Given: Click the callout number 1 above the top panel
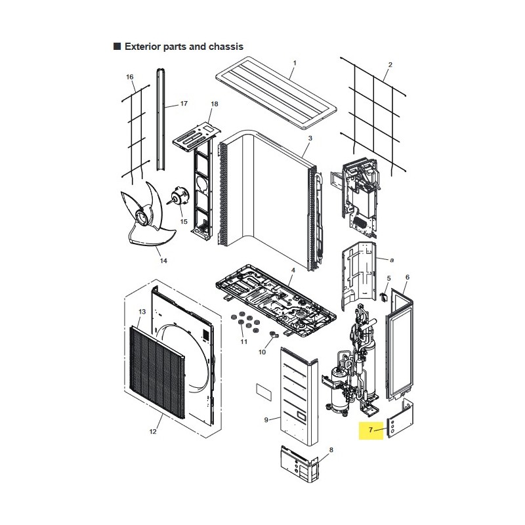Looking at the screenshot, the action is tap(295, 63).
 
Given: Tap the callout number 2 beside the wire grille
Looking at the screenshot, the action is tap(390, 64).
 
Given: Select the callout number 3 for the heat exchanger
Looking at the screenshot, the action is tap(310, 138).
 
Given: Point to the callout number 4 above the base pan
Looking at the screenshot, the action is tap(293, 270).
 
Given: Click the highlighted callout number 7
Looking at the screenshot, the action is tap(371, 430).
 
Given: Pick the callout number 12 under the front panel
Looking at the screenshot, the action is tap(153, 432).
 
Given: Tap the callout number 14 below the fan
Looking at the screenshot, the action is tap(163, 261).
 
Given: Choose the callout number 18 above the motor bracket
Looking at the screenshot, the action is tap(215, 104).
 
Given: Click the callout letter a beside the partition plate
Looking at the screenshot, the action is tap(392, 260).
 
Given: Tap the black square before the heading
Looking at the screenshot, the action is tap(117, 46).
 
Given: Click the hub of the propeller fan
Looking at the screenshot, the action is tap(143, 217).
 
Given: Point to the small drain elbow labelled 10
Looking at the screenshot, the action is tap(274, 335).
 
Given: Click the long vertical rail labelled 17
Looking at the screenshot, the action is tap(161, 119).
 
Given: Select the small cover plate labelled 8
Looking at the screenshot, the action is tap(299, 464).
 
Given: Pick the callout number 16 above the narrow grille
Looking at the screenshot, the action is tap(129, 77).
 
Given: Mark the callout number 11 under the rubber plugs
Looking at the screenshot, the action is tap(243, 341).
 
